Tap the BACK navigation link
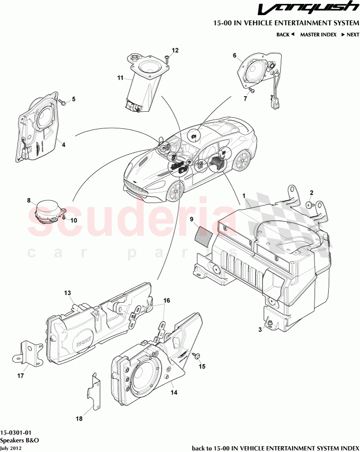point(285,35)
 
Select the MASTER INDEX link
point(318,35)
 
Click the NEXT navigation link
point(350,35)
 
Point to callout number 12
point(175,50)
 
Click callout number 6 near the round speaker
point(234,55)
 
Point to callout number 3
point(260,330)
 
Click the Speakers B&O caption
point(19,440)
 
